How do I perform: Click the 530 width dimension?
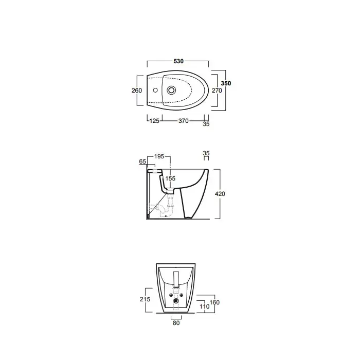(x=178, y=61)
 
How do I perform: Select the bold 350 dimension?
(x=226, y=83)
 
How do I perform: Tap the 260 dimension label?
(x=137, y=91)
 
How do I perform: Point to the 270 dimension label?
(x=217, y=91)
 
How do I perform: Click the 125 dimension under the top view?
(x=154, y=121)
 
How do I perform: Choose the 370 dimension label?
(x=184, y=121)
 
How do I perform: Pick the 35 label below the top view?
(x=206, y=124)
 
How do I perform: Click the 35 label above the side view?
(x=206, y=153)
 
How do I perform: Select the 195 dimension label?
(x=159, y=156)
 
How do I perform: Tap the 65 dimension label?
(x=142, y=161)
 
